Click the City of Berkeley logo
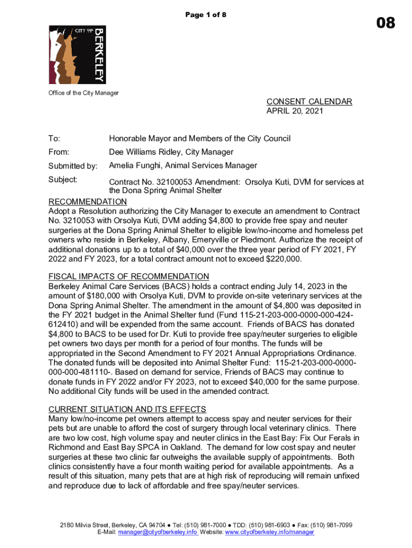coord(77,54)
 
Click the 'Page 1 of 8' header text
coord(206,15)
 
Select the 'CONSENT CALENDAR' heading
coord(309,102)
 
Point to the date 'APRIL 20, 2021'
coord(295,111)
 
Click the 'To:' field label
coord(55,139)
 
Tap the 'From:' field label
coord(59,152)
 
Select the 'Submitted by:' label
coord(73,166)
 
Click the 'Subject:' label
coord(63,179)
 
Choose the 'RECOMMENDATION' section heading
coord(88,202)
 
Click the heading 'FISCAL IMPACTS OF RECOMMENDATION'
coord(129,276)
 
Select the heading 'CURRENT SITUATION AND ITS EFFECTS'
coord(127,409)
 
